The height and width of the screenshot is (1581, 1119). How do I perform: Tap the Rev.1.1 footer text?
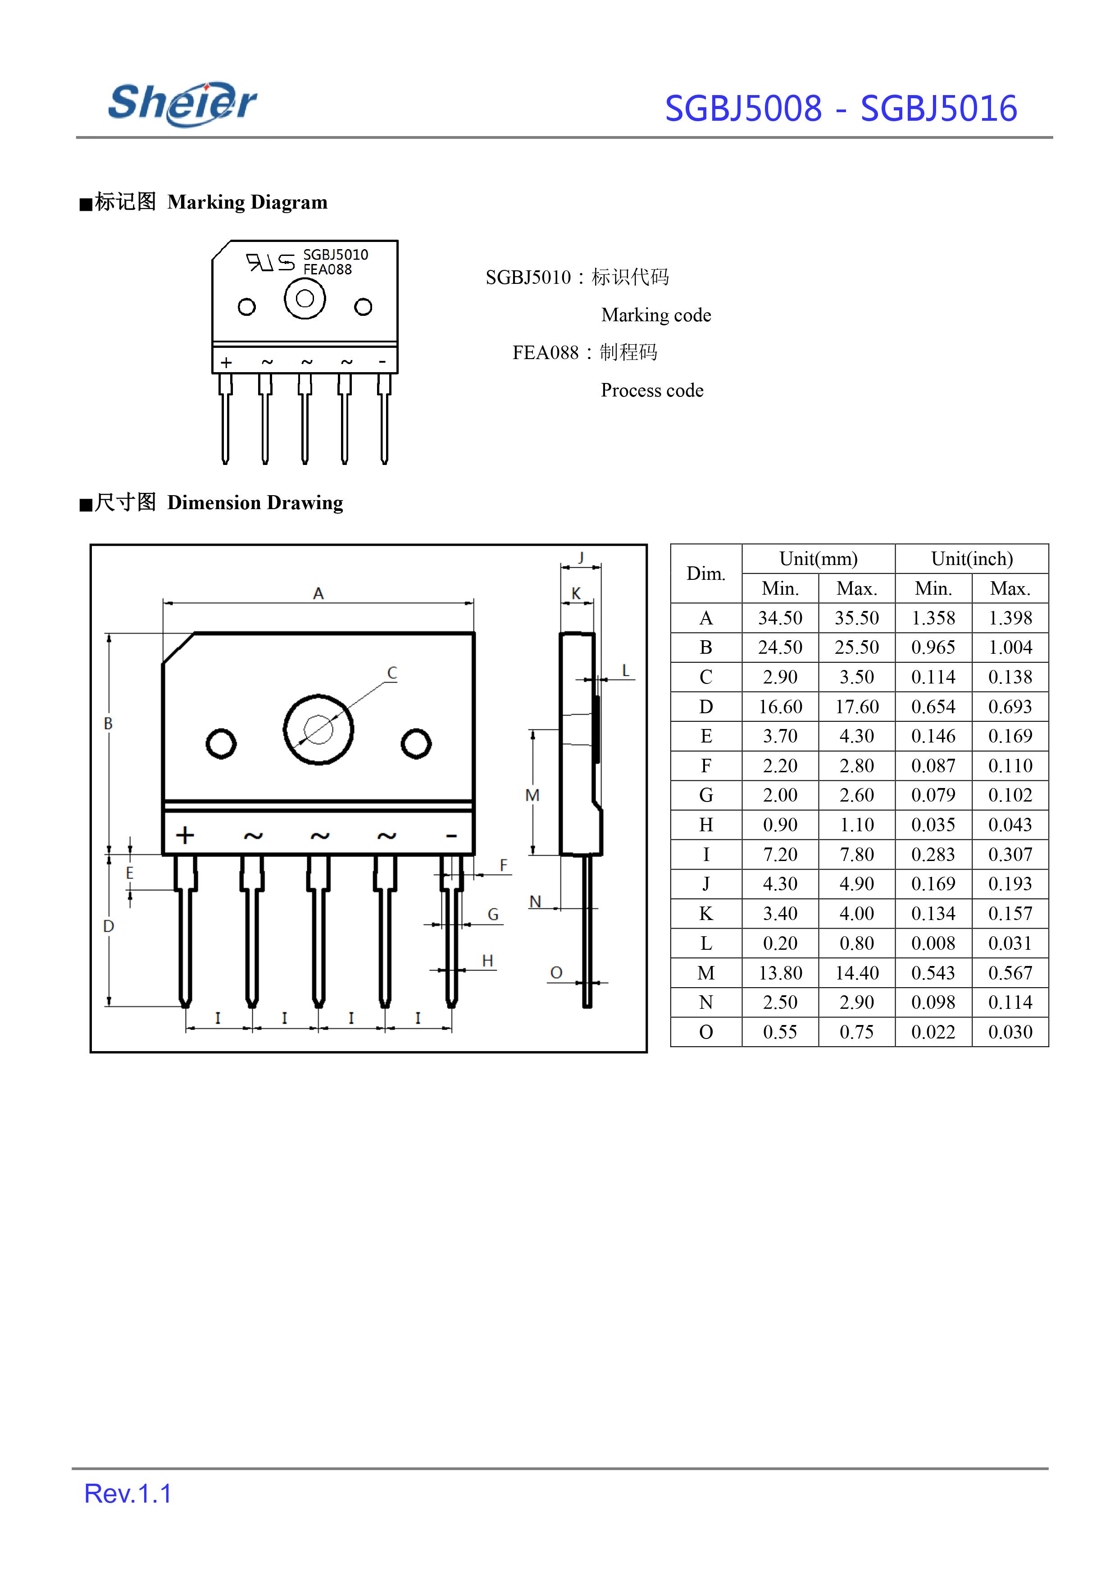127,1494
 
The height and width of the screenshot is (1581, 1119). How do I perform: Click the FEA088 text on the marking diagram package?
328,269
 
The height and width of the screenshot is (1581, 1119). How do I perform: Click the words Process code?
652,391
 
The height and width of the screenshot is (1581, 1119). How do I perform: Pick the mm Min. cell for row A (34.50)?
780,618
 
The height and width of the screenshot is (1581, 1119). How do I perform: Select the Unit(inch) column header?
972,559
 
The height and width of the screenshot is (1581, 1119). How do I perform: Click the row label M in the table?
706,973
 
